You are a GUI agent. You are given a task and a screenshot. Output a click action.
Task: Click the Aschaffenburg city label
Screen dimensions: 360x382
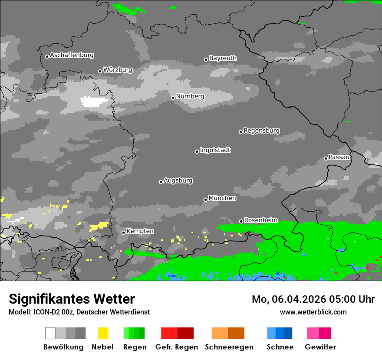(x=72, y=55)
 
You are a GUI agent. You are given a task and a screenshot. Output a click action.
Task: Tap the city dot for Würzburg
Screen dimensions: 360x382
(x=100, y=71)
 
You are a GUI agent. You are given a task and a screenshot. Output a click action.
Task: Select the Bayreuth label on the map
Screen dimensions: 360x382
(x=223, y=58)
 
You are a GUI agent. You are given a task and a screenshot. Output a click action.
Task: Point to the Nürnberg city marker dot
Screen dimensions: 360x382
(x=173, y=98)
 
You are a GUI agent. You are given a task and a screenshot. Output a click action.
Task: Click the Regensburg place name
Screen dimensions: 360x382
(x=261, y=131)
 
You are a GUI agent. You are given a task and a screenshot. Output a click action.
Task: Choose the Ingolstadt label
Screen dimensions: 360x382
(x=215, y=150)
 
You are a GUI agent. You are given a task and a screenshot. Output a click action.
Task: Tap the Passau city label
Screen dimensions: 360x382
(x=339, y=157)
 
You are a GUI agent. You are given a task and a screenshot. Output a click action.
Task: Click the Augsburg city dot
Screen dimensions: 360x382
(x=161, y=182)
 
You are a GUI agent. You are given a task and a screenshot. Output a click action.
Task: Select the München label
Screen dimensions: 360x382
(x=222, y=198)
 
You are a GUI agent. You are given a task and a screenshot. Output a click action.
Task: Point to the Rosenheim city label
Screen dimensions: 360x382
(x=260, y=220)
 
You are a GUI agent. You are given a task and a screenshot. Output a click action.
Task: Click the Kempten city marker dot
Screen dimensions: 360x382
(x=123, y=232)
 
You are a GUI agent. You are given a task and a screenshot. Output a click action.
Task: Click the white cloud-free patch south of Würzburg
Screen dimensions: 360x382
(x=95, y=101)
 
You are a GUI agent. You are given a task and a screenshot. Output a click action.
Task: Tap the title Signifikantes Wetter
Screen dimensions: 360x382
(x=72, y=299)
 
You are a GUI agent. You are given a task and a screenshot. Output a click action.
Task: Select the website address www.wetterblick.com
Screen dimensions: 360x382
(x=313, y=312)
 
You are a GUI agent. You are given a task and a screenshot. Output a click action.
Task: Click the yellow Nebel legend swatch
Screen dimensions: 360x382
(x=103, y=333)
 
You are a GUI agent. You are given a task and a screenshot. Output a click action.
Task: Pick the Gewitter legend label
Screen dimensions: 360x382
(x=320, y=347)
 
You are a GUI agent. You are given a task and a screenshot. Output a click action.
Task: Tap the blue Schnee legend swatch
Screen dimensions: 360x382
(x=279, y=333)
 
